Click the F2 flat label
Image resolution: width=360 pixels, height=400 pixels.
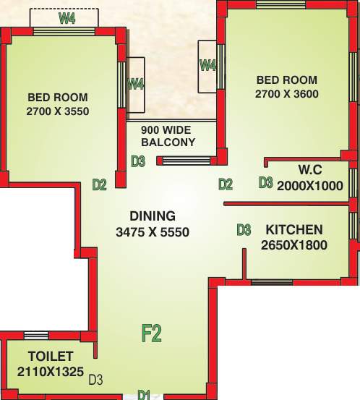coord(151,333)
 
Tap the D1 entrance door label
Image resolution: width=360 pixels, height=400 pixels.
coord(144,394)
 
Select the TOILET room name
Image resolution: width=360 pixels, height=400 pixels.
coord(51,356)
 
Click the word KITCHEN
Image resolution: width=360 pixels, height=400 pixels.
coord(294,230)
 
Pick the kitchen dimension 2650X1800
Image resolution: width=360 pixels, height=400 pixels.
coord(294,245)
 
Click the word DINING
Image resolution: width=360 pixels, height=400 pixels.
coord(153,216)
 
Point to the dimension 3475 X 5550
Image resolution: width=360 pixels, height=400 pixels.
coord(153,232)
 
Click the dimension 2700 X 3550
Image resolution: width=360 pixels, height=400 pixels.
coord(58,111)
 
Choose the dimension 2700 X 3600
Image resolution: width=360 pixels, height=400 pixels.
coord(287,94)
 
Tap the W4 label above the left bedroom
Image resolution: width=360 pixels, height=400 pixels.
coord(67,20)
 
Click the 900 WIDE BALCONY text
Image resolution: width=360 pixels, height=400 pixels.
coord(168,136)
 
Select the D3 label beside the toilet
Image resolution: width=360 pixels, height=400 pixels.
coord(95,378)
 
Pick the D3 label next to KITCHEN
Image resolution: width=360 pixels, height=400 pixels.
coord(244,230)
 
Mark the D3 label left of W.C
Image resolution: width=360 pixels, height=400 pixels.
coord(266,183)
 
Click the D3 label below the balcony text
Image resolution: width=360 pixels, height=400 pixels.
coord(138,161)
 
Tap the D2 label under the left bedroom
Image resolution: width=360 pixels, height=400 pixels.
coord(100,184)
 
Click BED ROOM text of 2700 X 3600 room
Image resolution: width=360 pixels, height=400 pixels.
coord(286,79)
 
